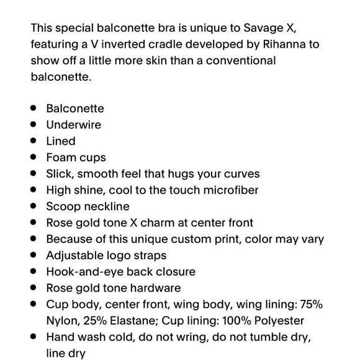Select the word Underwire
[73, 125]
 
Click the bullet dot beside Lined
[34, 141]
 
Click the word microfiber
[229, 190]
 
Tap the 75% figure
[310, 304]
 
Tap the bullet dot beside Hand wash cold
[34, 337]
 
